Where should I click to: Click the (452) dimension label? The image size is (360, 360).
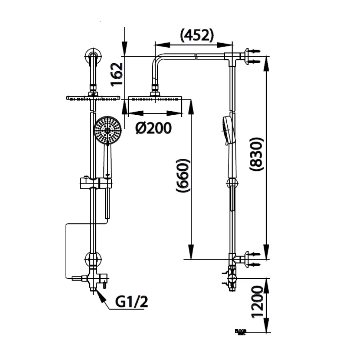[x=196, y=35]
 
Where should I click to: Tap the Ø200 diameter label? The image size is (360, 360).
[x=154, y=128]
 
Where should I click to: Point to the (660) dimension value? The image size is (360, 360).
[x=182, y=177]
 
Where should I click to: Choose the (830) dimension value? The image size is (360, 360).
[x=256, y=154]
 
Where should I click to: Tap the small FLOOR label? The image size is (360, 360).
[x=241, y=331]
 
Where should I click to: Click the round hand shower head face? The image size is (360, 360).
[x=107, y=130]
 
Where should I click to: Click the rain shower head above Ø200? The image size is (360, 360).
[x=155, y=98]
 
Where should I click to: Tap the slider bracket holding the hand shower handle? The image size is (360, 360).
[x=96, y=183]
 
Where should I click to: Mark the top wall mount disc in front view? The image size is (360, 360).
[x=93, y=57]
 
